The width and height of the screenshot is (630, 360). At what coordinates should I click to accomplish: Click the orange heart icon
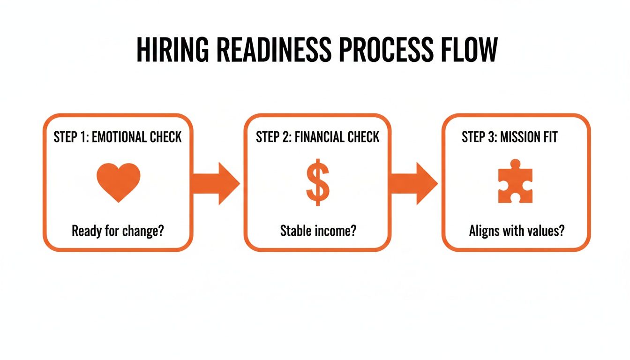coord(118,182)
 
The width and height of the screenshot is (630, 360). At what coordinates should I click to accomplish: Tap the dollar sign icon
coord(318,183)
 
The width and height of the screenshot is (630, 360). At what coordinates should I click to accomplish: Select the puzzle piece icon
coord(515,183)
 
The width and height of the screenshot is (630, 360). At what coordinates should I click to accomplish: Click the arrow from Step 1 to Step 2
coord(216,183)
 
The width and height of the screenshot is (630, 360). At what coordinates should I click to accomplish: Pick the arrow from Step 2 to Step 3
coord(414,183)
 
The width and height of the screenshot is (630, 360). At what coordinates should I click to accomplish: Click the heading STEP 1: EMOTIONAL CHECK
coord(118,137)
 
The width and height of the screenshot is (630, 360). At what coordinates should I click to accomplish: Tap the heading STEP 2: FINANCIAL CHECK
coord(317,137)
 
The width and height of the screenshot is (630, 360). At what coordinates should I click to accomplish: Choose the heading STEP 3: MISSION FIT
coord(510,137)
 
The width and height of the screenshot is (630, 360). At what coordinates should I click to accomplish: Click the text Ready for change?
coord(118,231)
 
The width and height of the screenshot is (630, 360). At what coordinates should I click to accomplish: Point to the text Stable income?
coord(317,231)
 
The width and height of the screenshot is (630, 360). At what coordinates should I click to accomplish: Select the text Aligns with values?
coord(516,231)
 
